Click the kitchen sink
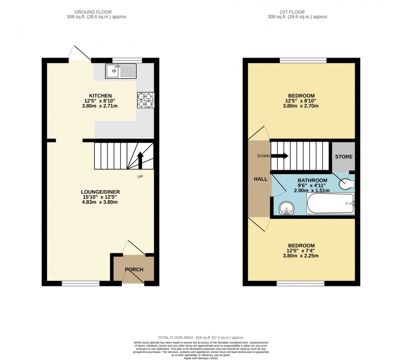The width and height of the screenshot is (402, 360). coord(121,71)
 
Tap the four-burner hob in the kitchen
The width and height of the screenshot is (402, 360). coord(146,100)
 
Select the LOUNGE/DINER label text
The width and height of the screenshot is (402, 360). coord(100,192)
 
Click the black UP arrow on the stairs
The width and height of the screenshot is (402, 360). coord(140,160)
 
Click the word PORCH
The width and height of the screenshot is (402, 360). coord(134,269)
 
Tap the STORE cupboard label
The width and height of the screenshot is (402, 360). coord(343,157)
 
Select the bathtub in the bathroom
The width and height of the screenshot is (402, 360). coord(331,203)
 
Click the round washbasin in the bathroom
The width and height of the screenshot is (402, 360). coord(286,208)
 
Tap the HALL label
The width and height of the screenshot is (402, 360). coord(260,179)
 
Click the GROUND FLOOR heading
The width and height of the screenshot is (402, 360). coord(93,12)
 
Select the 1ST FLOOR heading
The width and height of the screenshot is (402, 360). coord(292,12)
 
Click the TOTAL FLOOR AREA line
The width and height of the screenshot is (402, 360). coord(201,338)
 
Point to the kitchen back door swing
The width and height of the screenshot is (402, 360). coord(80,53)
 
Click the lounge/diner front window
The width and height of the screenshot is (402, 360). coord(80,283)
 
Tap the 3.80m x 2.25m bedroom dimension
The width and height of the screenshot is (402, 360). coord(301,255)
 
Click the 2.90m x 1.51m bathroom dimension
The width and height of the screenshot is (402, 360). coord(312,191)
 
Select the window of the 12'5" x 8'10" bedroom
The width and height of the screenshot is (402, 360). coord(303,60)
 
